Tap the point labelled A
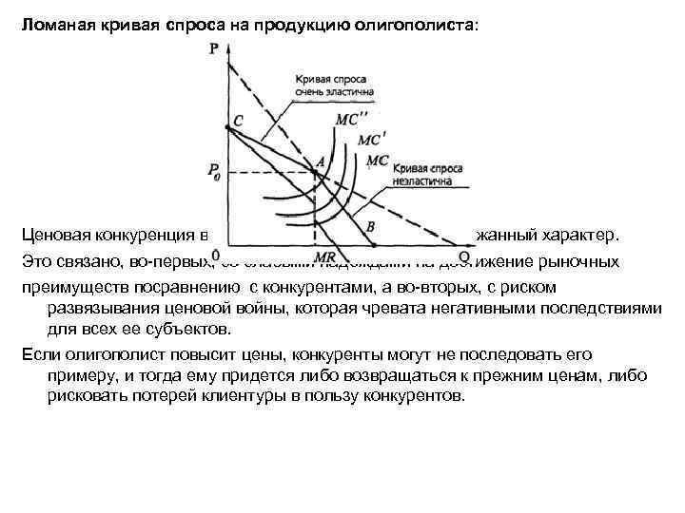[x=320, y=161]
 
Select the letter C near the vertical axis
[x=237, y=121]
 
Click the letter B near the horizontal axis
[x=370, y=225]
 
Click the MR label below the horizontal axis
[x=323, y=257]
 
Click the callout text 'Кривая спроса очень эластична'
[x=334, y=86]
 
